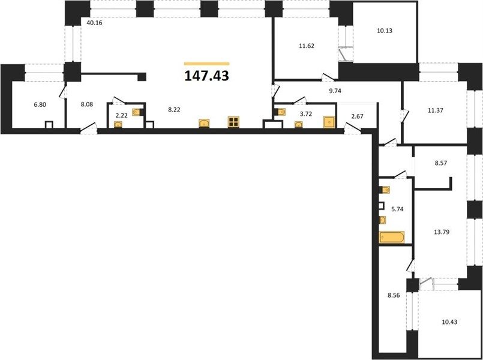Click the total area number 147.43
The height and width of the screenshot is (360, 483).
tap(206, 76)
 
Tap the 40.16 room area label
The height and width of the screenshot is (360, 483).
tap(94, 22)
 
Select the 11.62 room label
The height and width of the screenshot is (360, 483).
tap(306, 46)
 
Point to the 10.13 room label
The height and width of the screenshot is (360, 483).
tap(385, 31)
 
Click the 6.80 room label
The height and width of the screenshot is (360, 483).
tap(40, 105)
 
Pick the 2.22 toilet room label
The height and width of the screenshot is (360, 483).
tap(121, 116)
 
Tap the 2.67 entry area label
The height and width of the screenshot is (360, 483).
tap(358, 115)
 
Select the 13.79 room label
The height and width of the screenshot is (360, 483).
tap(441, 232)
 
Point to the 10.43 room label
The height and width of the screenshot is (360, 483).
tap(449, 322)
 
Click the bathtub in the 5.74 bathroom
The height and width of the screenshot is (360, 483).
tap(392, 238)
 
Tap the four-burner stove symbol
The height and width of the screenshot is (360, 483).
tap(234, 122)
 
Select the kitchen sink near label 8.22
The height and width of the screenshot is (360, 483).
tap(204, 123)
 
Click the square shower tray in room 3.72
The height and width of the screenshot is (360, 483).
tap(329, 122)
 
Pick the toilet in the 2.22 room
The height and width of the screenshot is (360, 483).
tap(137, 112)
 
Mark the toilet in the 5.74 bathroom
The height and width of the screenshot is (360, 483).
tap(385, 190)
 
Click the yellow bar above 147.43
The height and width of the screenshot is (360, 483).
tap(206, 64)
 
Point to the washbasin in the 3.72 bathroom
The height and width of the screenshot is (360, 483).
tap(298, 124)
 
